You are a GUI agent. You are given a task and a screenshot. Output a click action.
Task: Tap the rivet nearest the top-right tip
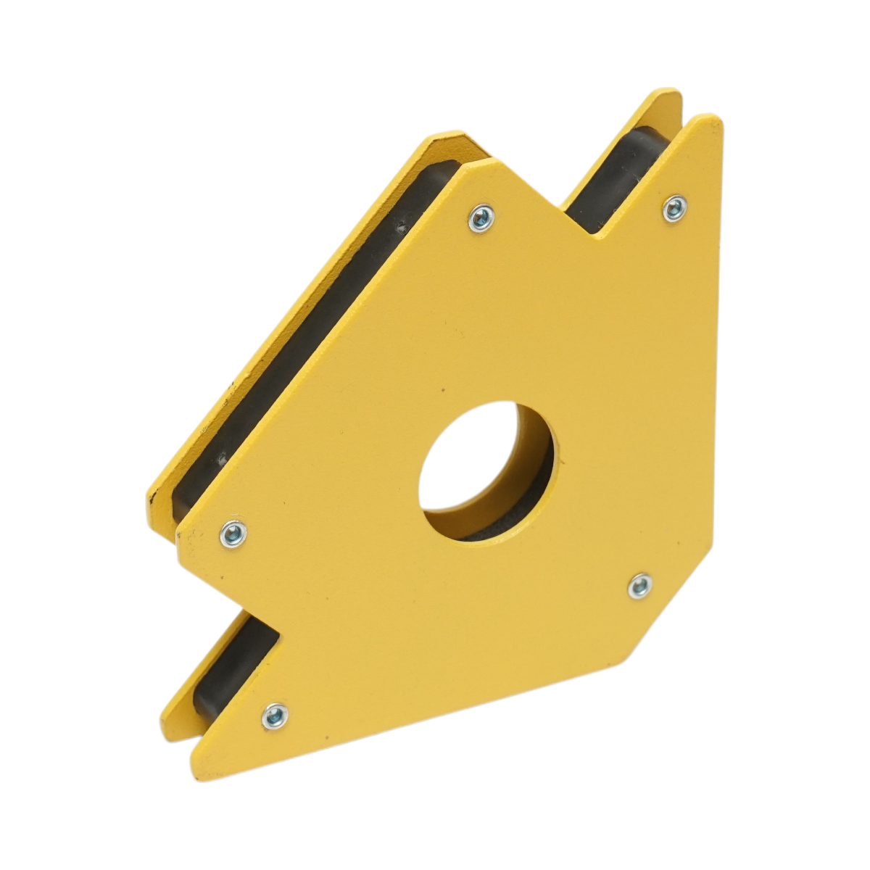pos(675,208)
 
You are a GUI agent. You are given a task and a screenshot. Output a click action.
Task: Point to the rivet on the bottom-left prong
pos(273,716)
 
